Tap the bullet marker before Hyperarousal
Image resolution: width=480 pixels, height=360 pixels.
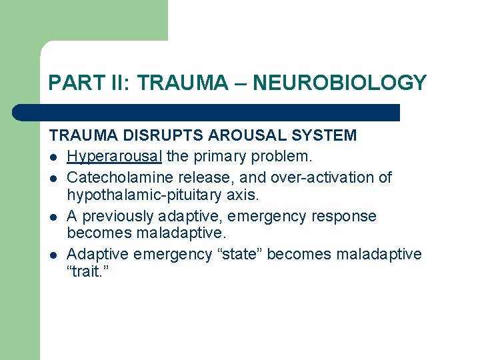[x=53, y=157]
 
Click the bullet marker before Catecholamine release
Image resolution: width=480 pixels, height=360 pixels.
[x=53, y=178]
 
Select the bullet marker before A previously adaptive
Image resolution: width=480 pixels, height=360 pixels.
[x=53, y=217]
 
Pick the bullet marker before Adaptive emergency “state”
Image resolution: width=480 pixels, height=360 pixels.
[x=53, y=255]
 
